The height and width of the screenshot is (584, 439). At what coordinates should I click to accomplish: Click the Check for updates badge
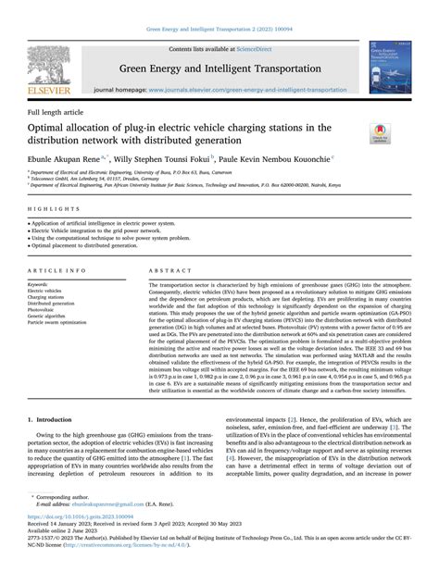click(x=380, y=133)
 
